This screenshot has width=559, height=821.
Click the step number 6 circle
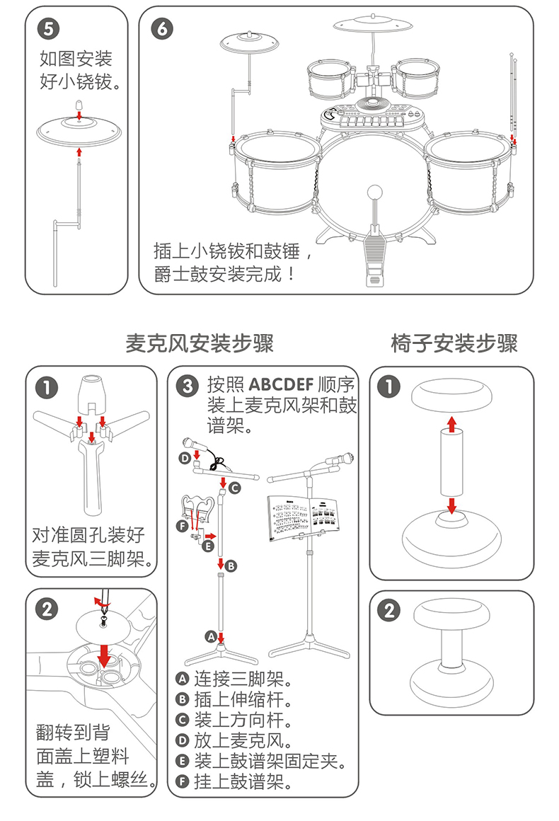(x=161, y=28)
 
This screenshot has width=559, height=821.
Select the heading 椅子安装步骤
(x=454, y=344)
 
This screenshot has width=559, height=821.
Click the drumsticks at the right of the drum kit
(x=512, y=92)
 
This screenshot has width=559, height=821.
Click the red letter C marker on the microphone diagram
(x=234, y=488)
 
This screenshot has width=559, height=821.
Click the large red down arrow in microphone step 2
(x=104, y=654)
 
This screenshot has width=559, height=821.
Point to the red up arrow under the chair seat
(x=451, y=423)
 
